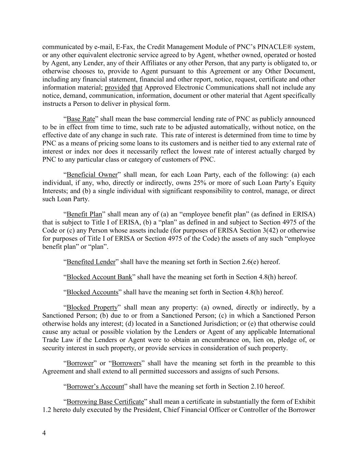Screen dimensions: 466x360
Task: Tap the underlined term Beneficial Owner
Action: tap(92, 175)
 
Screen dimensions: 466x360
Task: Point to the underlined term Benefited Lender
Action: tap(91, 262)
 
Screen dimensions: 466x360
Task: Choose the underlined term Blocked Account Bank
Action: tap(99, 277)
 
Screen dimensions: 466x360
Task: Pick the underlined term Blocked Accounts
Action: tap(92, 292)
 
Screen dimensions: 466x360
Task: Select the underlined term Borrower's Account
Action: tap(95, 386)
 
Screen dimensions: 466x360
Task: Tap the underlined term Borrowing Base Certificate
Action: tap(105, 401)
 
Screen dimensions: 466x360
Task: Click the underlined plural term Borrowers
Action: tap(126, 363)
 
